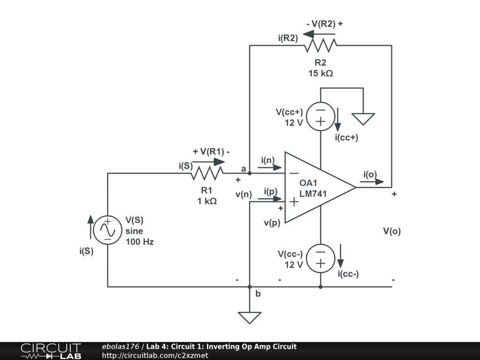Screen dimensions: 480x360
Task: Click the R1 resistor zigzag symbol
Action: coord(207,173)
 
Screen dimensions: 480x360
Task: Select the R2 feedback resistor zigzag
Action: coord(321,45)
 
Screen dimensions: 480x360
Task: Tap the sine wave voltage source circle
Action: coord(108,230)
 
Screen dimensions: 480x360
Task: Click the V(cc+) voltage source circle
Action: coord(321,117)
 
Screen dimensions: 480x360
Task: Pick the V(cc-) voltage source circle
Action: coord(321,259)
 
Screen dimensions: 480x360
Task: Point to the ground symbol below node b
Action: coord(249,318)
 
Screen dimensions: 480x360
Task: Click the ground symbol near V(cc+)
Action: coord(363,119)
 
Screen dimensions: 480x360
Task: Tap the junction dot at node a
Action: coord(249,173)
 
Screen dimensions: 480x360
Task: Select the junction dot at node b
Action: coord(249,287)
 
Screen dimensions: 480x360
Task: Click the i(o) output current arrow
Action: coord(372,181)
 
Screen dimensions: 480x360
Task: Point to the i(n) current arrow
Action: coord(270,167)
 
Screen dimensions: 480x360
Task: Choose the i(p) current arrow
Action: coord(270,199)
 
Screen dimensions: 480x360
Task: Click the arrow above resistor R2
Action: coord(319,34)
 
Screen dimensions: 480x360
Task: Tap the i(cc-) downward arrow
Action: coord(340,256)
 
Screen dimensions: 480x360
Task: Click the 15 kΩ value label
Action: coord(321,74)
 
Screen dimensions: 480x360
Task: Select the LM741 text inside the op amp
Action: coord(313,194)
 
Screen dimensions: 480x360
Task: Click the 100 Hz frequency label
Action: coord(140,242)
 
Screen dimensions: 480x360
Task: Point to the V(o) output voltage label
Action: coord(392,231)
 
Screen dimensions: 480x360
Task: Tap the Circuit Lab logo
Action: coord(51,351)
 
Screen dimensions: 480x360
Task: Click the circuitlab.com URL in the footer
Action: coord(155,355)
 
